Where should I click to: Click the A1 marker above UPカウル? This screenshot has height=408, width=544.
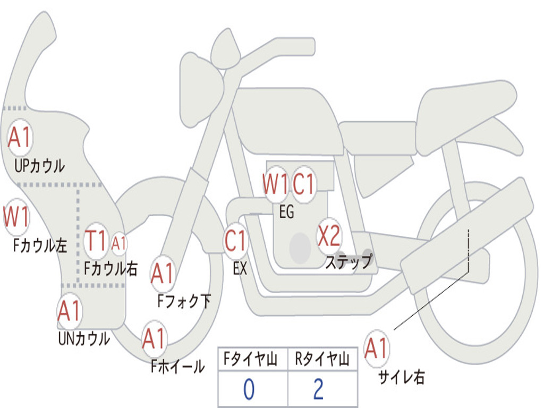click(20, 138)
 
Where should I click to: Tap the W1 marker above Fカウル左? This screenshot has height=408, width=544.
click(16, 217)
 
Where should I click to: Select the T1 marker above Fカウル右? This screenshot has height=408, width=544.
click(96, 241)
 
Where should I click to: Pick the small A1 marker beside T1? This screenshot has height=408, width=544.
click(118, 243)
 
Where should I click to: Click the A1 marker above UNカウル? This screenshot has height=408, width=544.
click(70, 311)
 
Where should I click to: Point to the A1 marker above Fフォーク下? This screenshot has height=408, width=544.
click(163, 274)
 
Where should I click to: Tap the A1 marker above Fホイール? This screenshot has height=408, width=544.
click(155, 339)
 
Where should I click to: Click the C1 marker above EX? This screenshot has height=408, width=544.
click(236, 241)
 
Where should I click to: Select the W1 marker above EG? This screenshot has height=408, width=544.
click(276, 184)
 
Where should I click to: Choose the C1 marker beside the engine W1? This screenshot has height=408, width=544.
click(304, 184)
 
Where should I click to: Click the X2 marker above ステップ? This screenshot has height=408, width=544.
click(329, 236)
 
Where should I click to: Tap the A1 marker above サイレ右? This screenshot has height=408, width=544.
click(377, 348)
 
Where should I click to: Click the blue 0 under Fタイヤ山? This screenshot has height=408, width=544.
click(249, 389)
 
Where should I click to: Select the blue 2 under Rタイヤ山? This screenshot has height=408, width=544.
click(319, 389)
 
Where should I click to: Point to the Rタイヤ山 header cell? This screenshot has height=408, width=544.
click(322, 360)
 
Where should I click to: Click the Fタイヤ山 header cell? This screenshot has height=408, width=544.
click(253, 360)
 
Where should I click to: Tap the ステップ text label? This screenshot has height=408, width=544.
click(349, 261)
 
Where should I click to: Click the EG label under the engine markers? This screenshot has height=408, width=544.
click(286, 211)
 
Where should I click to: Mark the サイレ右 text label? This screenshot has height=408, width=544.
click(401, 377)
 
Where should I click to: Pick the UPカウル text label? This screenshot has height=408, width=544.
click(39, 166)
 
